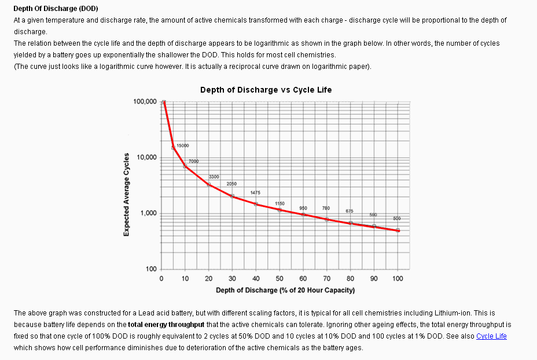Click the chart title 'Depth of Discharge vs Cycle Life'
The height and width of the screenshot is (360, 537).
click(266, 90)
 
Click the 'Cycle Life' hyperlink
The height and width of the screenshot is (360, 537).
click(491, 336)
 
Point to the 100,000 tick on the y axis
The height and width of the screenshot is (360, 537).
click(145, 102)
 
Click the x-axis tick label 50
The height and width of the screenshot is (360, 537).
click(279, 278)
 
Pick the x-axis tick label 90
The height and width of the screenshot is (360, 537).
click(374, 278)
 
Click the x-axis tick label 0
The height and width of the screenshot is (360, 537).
click(161, 278)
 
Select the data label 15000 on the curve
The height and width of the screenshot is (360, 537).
click(182, 146)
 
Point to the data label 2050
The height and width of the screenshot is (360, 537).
click(231, 183)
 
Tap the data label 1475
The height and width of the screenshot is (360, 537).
click(255, 192)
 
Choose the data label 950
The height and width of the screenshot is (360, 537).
click(303, 208)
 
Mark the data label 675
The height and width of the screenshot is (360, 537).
click(350, 211)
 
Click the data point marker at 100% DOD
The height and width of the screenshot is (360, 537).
click(398, 230)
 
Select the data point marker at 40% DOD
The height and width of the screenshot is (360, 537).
click(256, 204)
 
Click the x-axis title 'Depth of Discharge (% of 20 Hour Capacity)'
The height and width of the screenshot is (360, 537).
click(285, 290)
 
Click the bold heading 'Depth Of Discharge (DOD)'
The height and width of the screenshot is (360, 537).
click(56, 9)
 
